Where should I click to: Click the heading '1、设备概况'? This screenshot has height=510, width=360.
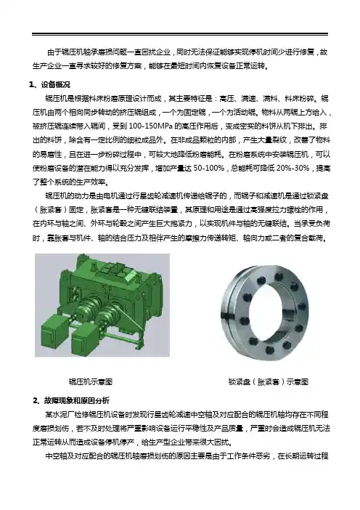click(49, 85)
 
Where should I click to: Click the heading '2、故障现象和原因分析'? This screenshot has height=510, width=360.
click(71, 400)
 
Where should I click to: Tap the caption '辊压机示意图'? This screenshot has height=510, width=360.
click(90, 381)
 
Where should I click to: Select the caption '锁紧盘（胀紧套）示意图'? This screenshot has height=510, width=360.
click(268, 381)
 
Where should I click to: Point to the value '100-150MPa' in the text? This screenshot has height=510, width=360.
click(151, 126)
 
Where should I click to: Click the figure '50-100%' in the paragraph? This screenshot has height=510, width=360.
click(209, 169)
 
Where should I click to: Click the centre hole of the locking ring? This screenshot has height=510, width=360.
click(267, 311)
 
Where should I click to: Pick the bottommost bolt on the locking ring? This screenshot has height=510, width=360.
click(269, 350)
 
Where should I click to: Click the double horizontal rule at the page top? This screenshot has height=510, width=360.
click(180, 34)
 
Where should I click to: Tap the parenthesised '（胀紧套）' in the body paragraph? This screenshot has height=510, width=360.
click(51, 210)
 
